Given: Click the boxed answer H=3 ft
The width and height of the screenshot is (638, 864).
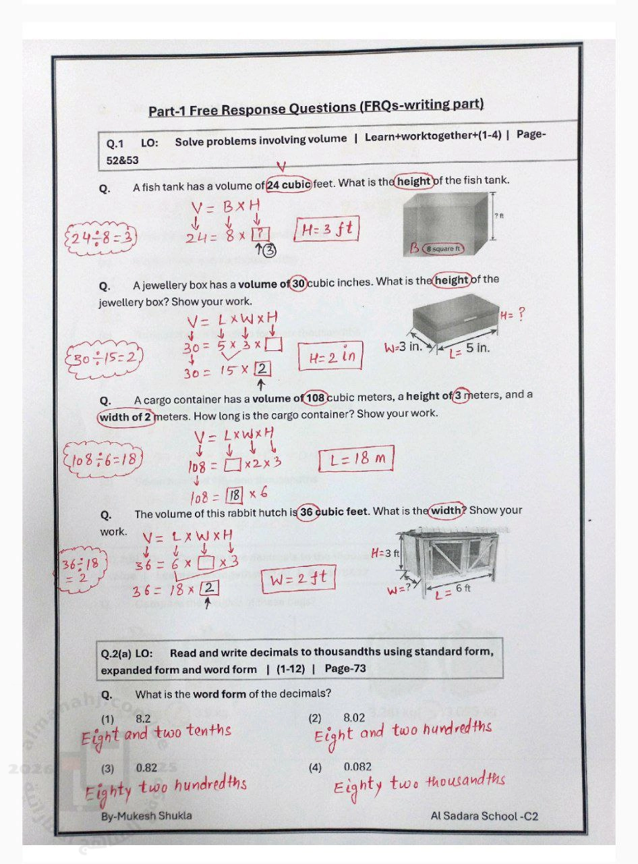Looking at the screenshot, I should point(327,230).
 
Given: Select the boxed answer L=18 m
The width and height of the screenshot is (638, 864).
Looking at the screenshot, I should point(355,460).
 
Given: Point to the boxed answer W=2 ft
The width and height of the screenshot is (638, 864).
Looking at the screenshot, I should point(301,579).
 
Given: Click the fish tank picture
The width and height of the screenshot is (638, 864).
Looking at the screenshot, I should point(448,223).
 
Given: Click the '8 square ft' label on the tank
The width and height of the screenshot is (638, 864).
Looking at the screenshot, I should point(443,249).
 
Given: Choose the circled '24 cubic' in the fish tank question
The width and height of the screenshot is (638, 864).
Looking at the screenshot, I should point(289,184).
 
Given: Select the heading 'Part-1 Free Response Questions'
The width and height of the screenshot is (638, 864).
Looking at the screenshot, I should point(316,107).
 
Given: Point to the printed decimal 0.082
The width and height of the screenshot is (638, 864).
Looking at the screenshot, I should point(357,767).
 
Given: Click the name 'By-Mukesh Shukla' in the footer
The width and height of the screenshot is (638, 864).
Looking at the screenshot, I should point(146,816).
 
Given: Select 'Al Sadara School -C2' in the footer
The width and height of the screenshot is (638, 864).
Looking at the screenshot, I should point(484,816).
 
